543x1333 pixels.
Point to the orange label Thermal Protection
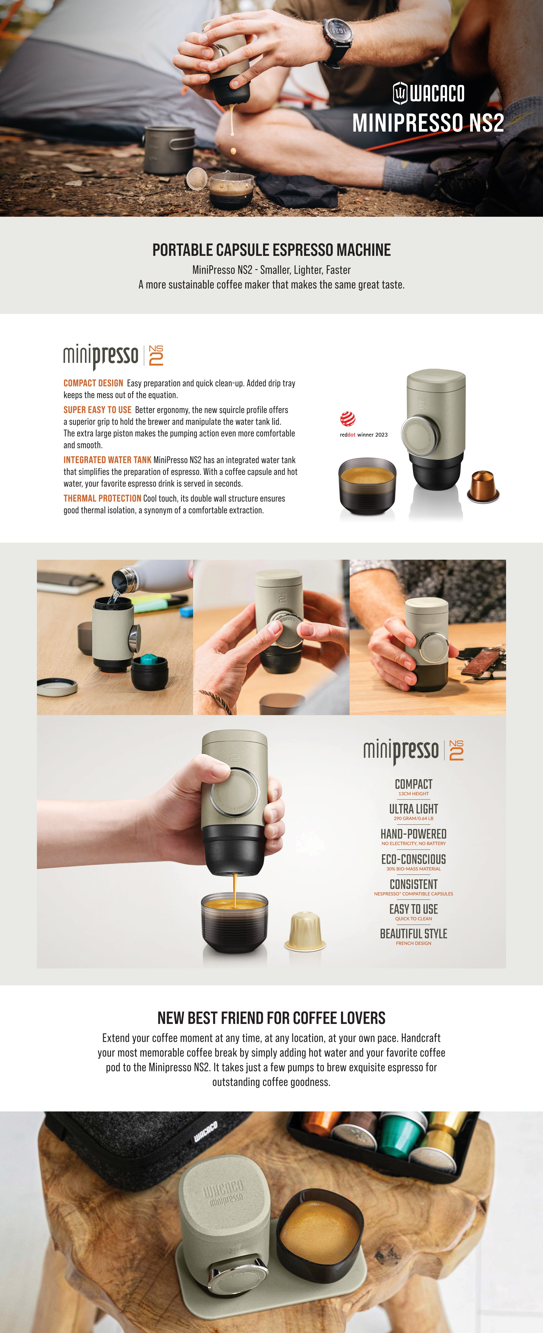coord(102,498)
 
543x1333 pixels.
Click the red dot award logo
coord(348,419)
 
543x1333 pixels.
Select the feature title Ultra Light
coord(414,809)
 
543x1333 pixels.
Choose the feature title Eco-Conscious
coord(414,859)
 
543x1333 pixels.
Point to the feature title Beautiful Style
coord(414,933)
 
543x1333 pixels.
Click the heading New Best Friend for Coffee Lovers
coord(271,1018)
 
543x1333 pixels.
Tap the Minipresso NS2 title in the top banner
coord(428,123)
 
